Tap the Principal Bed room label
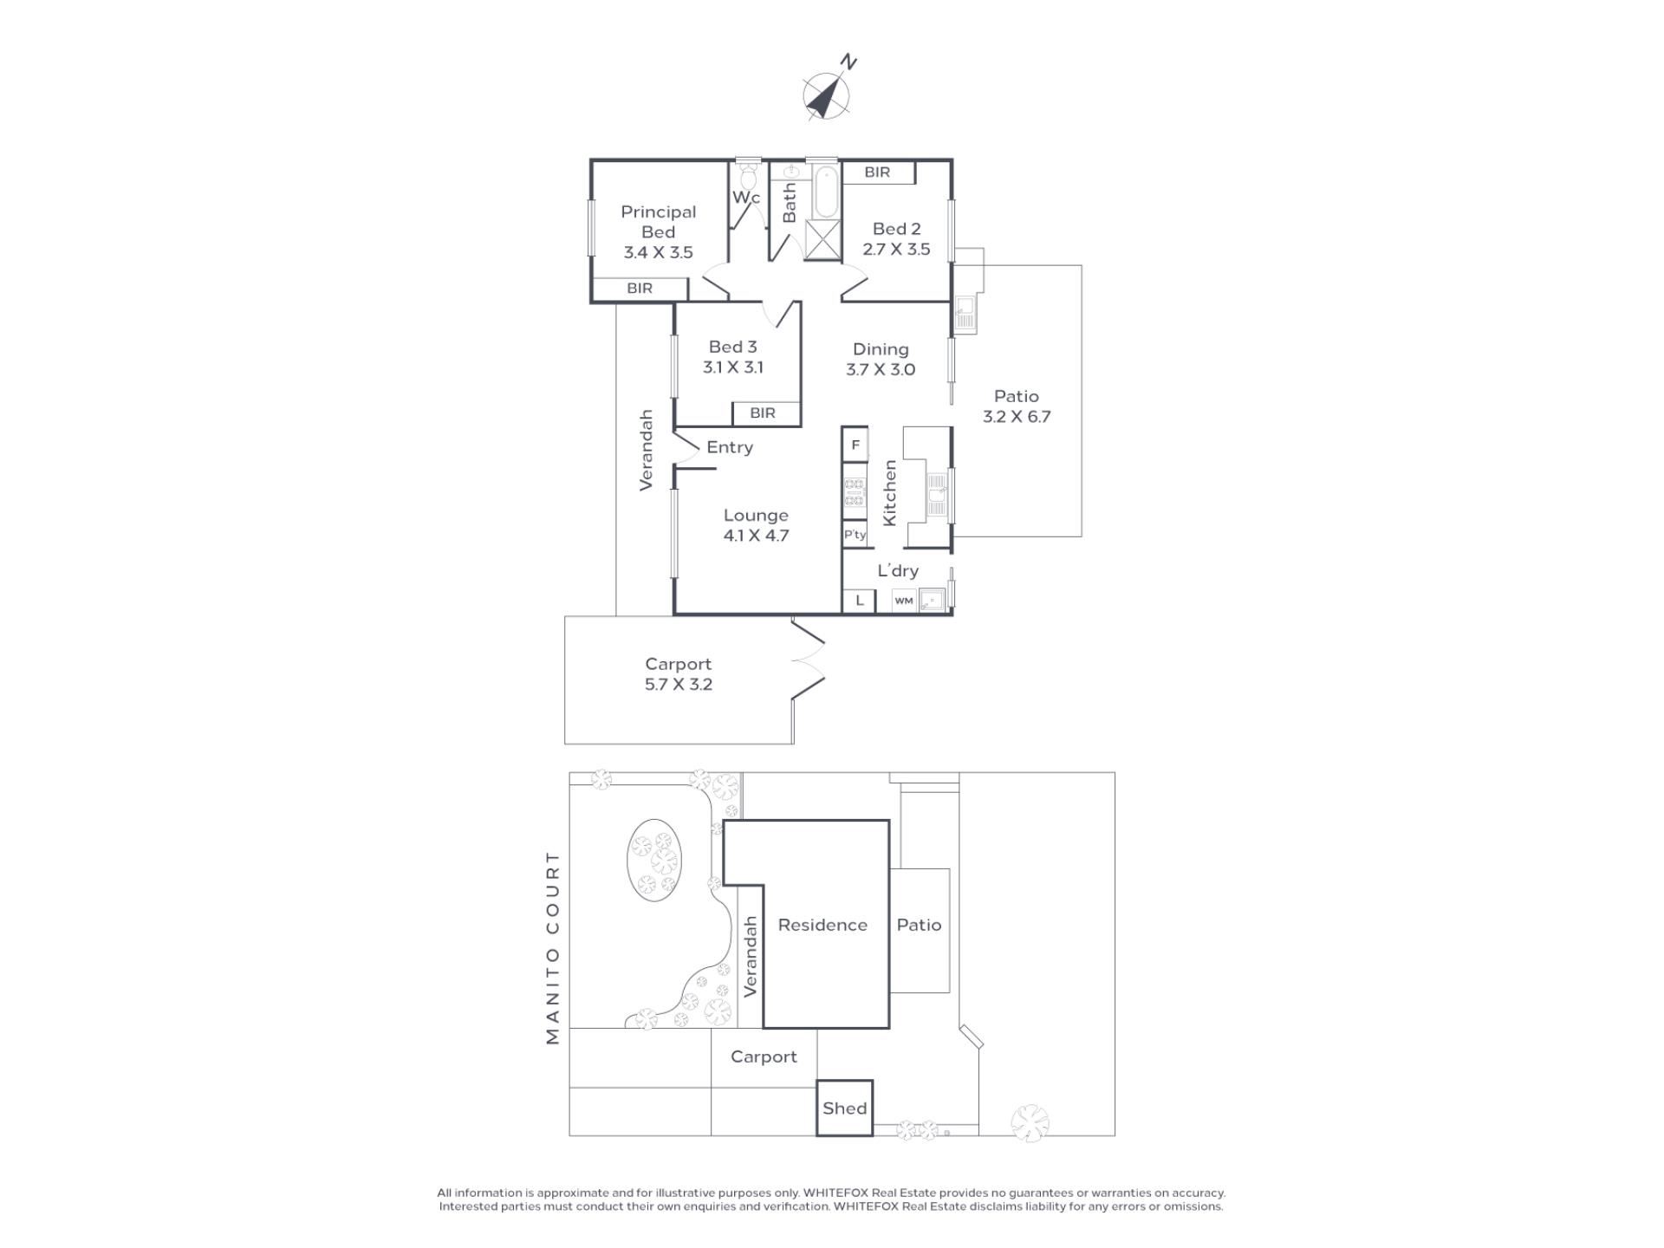[x=658, y=222]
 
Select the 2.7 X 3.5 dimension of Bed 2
[x=896, y=250]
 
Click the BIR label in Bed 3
[x=763, y=413]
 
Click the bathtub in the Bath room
[x=826, y=192]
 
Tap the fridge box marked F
[x=855, y=445]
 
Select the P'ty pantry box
[x=855, y=535]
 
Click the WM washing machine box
[x=904, y=601]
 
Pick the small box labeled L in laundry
[x=860, y=601]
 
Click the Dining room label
[x=881, y=349]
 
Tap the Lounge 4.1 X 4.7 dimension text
[x=756, y=536]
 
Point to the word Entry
[x=730, y=447]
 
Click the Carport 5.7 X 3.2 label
[x=678, y=674]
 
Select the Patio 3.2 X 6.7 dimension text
[x=1017, y=417]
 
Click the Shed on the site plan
[x=844, y=1108]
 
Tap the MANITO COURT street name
[x=553, y=947]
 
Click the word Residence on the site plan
[x=822, y=925]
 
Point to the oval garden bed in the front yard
[x=654, y=860]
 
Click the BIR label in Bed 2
[x=877, y=172]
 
